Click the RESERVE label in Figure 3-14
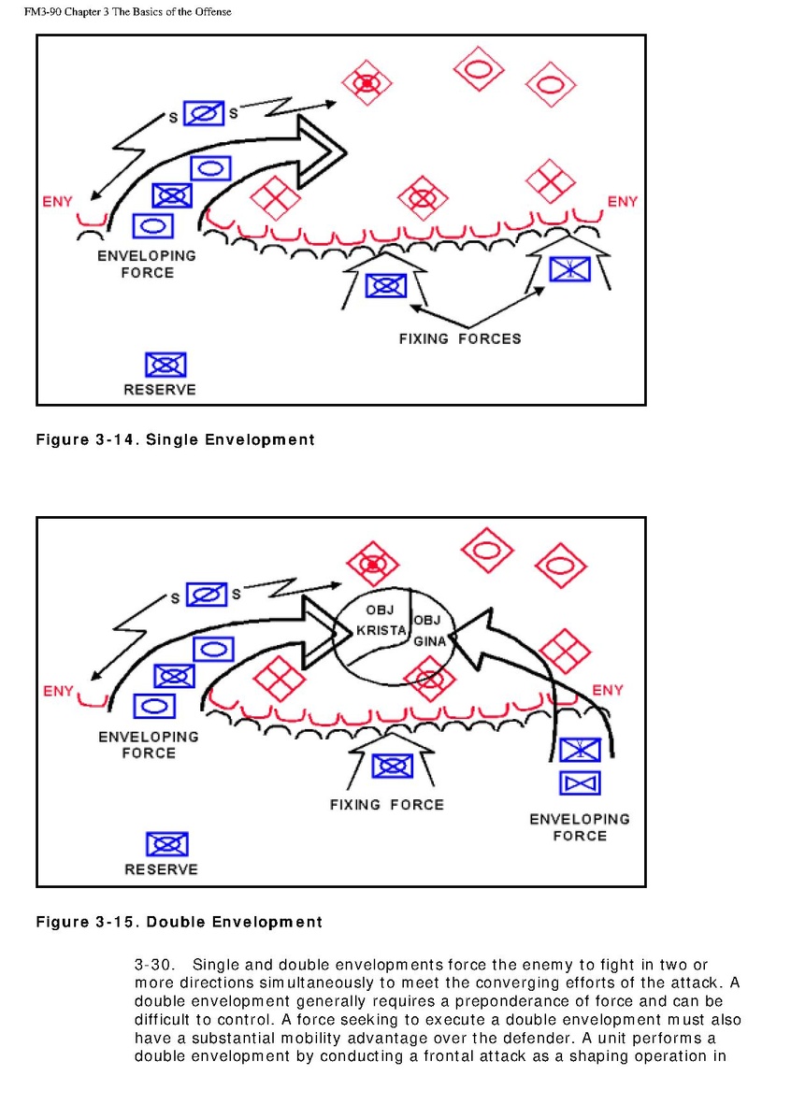pos(159,390)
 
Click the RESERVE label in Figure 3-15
pos(161,869)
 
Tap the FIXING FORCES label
pos(459,338)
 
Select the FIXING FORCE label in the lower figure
pos(386,804)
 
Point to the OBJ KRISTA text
pos(381,621)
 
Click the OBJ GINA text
pos(429,630)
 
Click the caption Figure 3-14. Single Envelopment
pos(175,439)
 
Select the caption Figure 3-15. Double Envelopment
pos(179,922)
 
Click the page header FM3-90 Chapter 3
pos(127,12)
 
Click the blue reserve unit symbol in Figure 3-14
pos(165,365)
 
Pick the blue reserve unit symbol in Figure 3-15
pos(166,844)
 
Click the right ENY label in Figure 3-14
pos(622,201)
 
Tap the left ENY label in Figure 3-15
pos(58,691)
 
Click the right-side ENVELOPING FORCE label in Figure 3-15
pos(580,827)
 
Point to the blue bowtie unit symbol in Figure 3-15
pos(580,782)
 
